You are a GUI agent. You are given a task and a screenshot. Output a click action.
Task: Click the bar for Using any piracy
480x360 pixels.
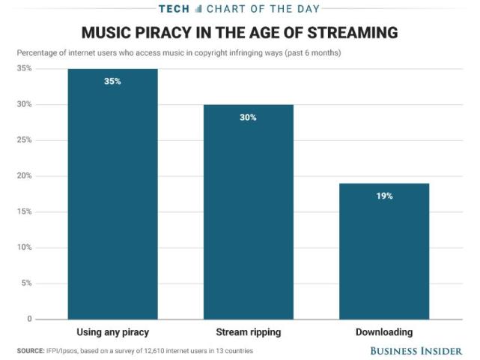click(x=112, y=195)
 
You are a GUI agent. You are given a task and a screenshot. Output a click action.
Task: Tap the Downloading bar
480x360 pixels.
click(x=384, y=251)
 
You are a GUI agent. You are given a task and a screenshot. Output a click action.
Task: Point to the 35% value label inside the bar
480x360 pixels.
click(x=112, y=81)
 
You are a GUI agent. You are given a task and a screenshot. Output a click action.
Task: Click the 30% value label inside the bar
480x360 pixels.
click(x=248, y=117)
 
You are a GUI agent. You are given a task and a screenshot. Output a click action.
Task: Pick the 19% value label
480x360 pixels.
click(x=384, y=196)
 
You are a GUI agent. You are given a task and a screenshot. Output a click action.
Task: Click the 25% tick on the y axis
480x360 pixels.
click(x=24, y=140)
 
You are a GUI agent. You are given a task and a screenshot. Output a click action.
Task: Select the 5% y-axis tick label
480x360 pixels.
click(x=26, y=283)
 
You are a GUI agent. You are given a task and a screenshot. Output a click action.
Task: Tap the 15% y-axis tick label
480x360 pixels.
click(x=24, y=211)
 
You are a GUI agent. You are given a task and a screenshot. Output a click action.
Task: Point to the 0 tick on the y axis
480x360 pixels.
click(x=29, y=319)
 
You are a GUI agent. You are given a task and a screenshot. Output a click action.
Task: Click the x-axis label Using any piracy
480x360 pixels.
click(x=112, y=331)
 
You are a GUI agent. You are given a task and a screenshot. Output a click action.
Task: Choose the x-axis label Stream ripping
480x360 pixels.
click(x=248, y=331)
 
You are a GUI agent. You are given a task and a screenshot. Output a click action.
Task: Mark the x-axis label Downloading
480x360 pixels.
click(x=384, y=331)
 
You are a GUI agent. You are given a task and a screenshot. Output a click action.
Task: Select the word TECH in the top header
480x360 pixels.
click(x=173, y=9)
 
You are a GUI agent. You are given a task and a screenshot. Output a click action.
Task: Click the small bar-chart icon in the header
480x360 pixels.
click(x=198, y=9)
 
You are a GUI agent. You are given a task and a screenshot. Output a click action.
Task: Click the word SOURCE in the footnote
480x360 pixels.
click(x=31, y=351)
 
